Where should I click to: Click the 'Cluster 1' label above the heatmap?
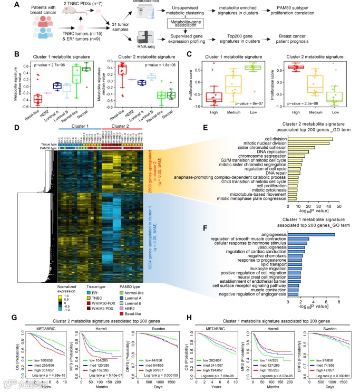(x=80, y=127)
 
